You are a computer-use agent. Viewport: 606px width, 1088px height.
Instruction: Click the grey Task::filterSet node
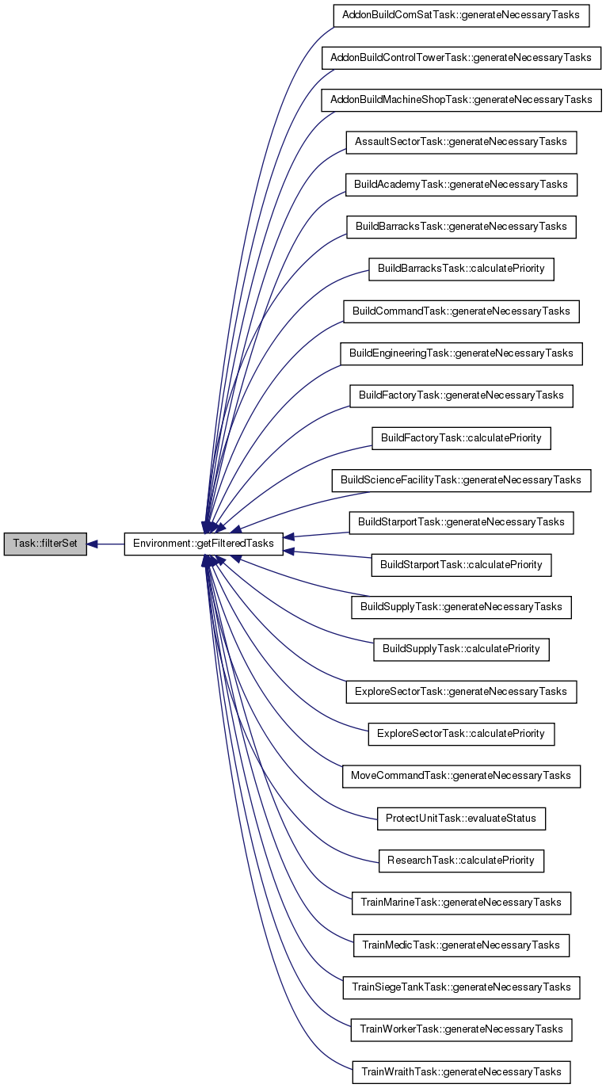45,544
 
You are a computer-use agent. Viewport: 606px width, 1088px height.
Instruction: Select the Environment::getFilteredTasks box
204,544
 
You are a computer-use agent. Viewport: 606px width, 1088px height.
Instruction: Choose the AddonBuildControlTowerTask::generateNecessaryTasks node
461,58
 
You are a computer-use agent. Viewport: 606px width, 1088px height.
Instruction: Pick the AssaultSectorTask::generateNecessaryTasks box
461,143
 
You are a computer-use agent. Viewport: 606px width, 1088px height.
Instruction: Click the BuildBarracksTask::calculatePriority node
461,269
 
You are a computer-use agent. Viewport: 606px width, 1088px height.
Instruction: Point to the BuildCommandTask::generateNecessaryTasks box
461,311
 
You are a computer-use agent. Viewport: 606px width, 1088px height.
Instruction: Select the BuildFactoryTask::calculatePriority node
461,438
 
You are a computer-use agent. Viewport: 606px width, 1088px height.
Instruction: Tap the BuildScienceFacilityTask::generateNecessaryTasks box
461,480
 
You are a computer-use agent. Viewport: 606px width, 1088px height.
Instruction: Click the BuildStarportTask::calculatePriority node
461,565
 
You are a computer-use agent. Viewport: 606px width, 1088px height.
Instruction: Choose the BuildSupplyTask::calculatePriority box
461,649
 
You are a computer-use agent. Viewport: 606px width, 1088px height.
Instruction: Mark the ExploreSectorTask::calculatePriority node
461,734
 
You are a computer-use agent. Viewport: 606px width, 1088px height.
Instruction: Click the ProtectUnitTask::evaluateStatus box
461,819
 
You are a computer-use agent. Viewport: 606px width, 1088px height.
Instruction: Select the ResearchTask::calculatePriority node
461,861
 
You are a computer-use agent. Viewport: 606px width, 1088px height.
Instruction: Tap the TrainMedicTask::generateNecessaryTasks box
461,945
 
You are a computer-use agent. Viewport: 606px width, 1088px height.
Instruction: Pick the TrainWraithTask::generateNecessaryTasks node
461,1072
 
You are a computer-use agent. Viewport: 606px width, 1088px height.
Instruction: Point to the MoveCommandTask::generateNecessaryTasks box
461,776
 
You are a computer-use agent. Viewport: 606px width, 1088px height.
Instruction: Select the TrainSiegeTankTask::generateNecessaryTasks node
461,987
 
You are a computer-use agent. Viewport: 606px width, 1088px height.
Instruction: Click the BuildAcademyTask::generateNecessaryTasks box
461,185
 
